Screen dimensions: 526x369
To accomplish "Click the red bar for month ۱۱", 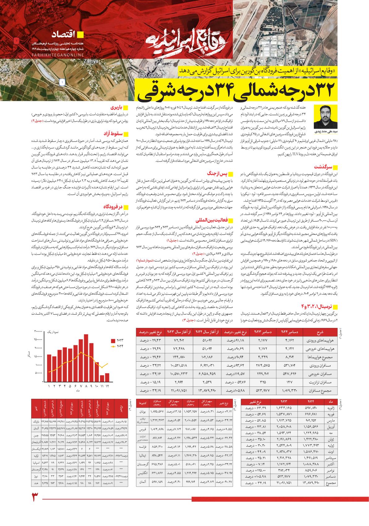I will (102, 379).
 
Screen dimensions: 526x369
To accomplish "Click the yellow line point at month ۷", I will (81, 352).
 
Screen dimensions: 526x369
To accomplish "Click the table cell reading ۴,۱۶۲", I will (285, 341).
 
